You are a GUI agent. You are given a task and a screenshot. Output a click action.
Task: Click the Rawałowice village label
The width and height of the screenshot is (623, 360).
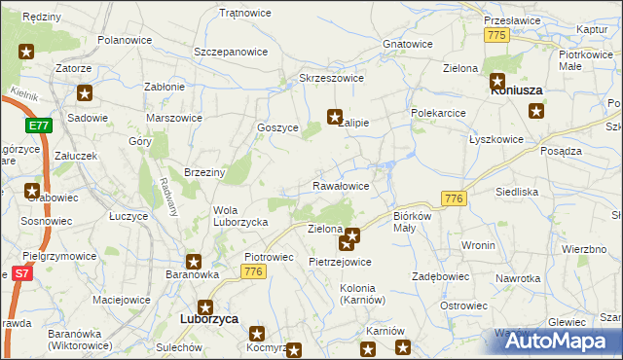pyautogui.click(x=340, y=185)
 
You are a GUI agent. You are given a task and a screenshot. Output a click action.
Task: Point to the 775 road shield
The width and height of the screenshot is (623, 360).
pyautogui.click(x=497, y=35)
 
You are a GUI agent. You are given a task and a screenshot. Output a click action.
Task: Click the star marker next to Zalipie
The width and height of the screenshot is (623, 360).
pyautogui.click(x=335, y=116)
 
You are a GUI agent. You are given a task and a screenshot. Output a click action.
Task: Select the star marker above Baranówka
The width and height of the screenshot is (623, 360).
pyautogui.click(x=194, y=262)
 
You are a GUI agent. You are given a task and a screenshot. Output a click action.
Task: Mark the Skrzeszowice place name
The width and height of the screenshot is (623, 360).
pyautogui.click(x=331, y=78)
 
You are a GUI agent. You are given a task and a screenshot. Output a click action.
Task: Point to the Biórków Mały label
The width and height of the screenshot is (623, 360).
pyautogui.click(x=419, y=223)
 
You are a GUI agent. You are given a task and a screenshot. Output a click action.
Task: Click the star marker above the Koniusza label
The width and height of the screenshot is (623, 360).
pyautogui.click(x=497, y=82)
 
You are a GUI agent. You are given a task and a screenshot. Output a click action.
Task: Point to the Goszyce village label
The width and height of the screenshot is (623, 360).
pyautogui.click(x=277, y=127)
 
